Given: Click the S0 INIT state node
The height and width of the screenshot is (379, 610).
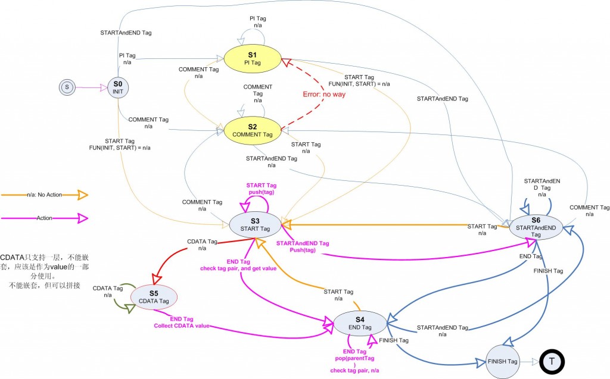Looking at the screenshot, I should (x=118, y=87).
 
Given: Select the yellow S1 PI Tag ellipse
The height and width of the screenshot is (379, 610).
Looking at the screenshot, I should (x=252, y=58).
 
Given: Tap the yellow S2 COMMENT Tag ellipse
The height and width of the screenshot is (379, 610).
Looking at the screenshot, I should (x=252, y=130).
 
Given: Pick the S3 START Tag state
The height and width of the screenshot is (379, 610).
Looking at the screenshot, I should (x=255, y=224).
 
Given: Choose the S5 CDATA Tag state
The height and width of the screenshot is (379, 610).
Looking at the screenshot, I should (x=154, y=296).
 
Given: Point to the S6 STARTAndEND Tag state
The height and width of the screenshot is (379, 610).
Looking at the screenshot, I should (x=536, y=227).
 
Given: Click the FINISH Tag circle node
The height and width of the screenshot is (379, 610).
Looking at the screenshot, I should (x=503, y=361).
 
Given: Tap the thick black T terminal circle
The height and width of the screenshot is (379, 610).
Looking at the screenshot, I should (x=551, y=361).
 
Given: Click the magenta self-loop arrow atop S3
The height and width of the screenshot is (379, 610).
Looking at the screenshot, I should (x=255, y=203).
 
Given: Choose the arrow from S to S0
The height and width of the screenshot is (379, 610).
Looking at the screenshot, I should (x=89, y=87).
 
